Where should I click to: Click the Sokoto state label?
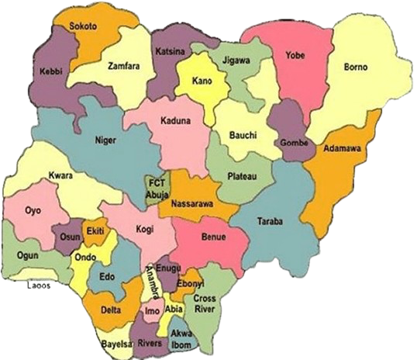[x=84, y=26]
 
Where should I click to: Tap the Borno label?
[x=357, y=68]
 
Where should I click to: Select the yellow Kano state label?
[x=202, y=81]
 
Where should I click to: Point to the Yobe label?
[x=295, y=55]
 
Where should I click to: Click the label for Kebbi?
[x=51, y=72]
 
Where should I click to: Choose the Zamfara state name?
[x=124, y=66]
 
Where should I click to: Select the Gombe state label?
[x=294, y=144]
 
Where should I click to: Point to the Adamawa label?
[x=343, y=148]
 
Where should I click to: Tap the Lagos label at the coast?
[x=39, y=284]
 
